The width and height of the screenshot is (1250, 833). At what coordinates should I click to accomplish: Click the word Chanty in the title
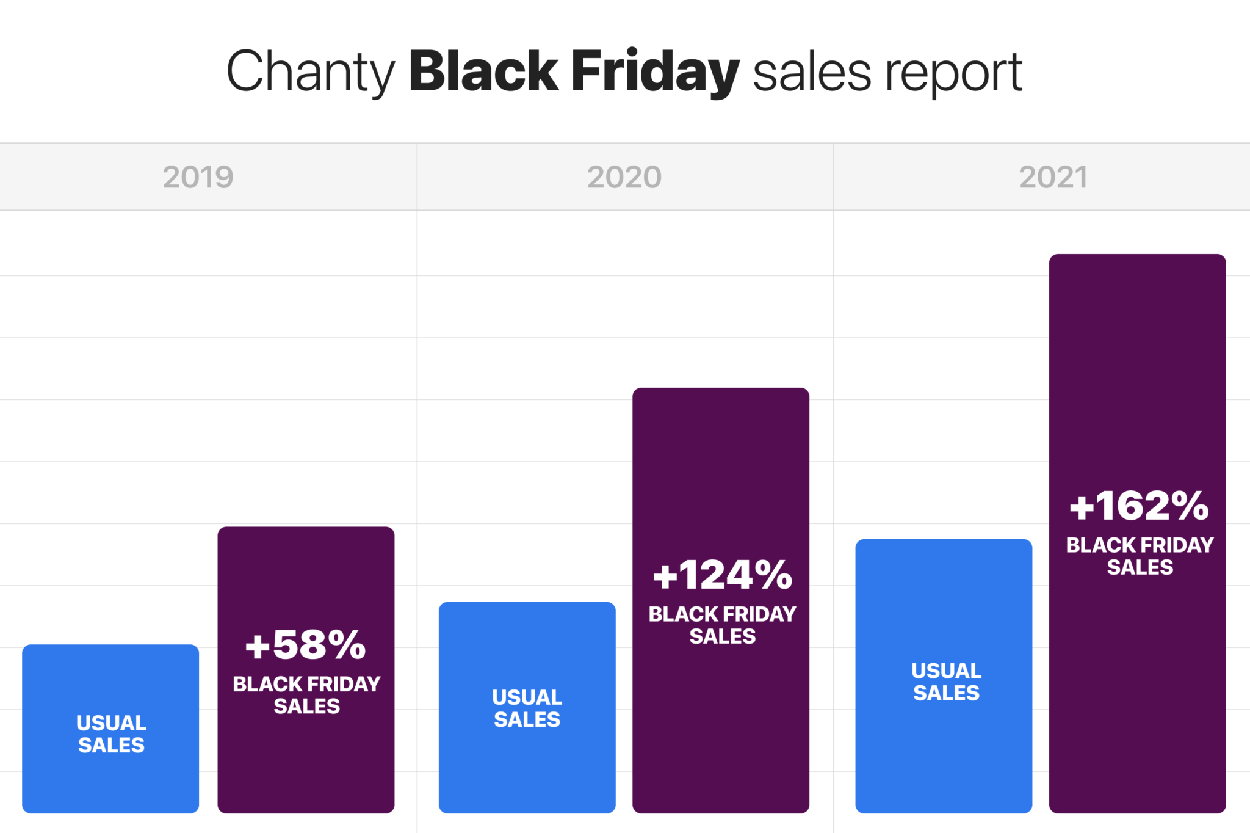(x=311, y=72)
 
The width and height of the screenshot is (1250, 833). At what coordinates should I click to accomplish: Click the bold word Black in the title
(x=483, y=71)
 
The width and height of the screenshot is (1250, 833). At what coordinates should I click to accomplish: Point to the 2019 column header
(x=198, y=177)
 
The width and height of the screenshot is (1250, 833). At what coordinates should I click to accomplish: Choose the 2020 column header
(x=624, y=177)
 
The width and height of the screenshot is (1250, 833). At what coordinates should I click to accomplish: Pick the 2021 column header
(x=1053, y=177)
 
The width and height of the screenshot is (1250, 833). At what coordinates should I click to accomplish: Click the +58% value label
(x=305, y=645)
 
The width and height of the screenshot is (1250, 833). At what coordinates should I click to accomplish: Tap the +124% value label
(x=722, y=575)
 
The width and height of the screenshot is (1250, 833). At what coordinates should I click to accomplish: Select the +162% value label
(x=1139, y=506)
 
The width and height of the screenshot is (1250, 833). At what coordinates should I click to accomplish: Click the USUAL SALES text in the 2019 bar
(x=111, y=734)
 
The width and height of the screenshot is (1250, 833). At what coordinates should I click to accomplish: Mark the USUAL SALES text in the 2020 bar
(x=527, y=708)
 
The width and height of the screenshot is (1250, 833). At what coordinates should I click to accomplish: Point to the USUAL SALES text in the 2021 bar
(x=946, y=682)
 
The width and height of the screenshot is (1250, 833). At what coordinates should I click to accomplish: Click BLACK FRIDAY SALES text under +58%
(x=306, y=695)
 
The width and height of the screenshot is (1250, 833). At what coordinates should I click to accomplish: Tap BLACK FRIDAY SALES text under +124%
(x=722, y=625)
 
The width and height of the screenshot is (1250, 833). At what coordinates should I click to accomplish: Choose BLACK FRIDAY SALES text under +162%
(x=1140, y=556)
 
